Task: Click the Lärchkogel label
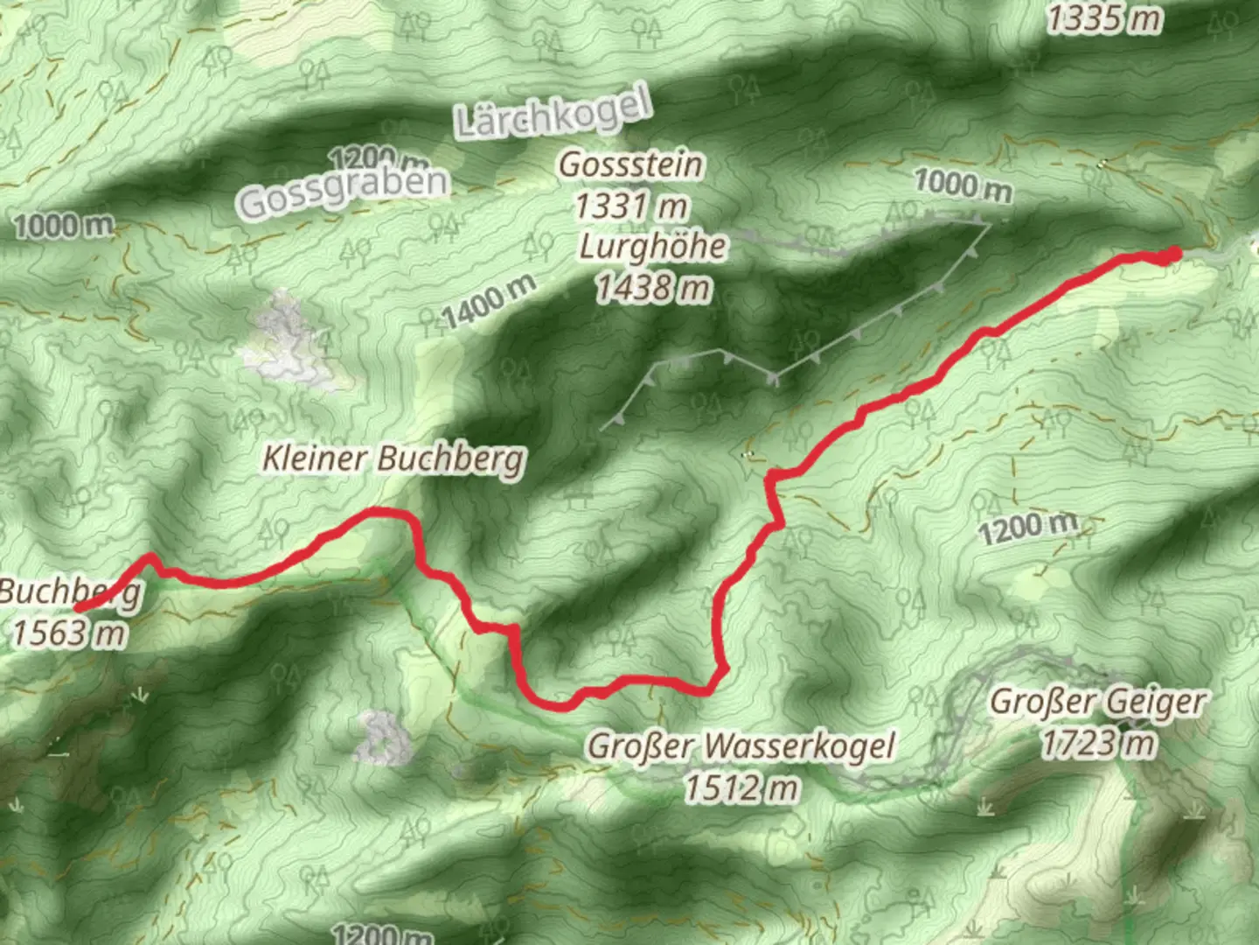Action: point(554,114)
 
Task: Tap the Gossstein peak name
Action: point(630,164)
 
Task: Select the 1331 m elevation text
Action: point(630,206)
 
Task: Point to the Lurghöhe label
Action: point(652,247)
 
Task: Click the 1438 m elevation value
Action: point(652,287)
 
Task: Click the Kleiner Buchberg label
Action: point(393,458)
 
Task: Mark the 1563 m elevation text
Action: point(68,633)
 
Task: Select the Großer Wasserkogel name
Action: point(741,746)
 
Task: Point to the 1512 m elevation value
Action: point(741,788)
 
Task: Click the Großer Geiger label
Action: point(1098,702)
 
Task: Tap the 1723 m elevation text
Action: point(1098,744)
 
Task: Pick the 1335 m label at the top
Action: point(1105,19)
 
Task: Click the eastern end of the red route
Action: point(1173,254)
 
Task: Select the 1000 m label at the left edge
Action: point(63,227)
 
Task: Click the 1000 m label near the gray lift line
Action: point(963,185)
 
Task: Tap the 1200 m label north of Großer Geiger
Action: point(1026,528)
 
